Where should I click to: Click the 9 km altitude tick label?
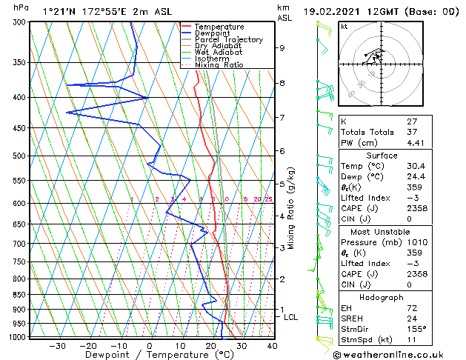(x=282, y=48)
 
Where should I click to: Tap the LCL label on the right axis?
(x=291, y=317)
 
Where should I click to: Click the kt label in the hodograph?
(x=344, y=26)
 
